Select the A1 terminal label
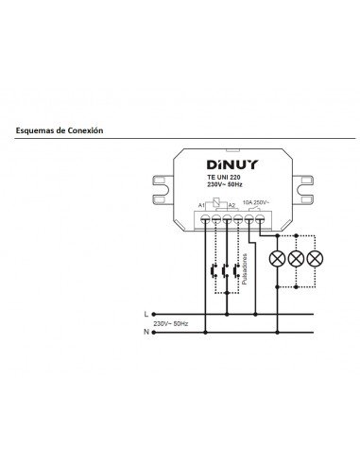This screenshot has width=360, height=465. tap(202, 205)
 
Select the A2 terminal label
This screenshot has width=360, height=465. tap(231, 205)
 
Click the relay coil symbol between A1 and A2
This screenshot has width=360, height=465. tap(217, 204)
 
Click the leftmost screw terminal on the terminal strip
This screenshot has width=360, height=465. tap(205, 218)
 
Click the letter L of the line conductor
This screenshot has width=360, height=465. tap(145, 313)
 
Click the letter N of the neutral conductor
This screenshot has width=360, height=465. tap(145, 332)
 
